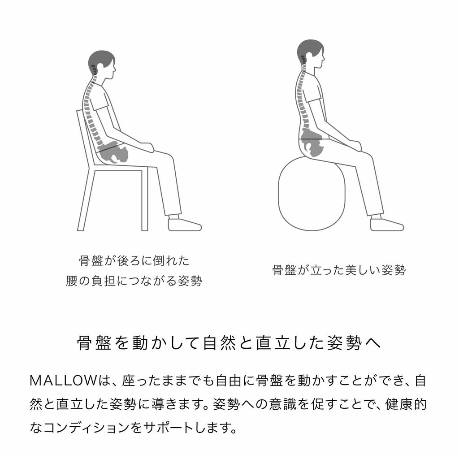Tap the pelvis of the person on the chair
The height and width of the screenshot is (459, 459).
(113, 154)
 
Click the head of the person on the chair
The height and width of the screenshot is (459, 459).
(102, 65)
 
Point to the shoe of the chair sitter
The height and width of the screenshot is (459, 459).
(184, 224)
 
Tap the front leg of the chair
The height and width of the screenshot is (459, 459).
(144, 199)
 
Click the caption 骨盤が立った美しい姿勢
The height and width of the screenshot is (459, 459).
(339, 270)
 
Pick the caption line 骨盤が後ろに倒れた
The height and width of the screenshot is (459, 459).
(134, 260)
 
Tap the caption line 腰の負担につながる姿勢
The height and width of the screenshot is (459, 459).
(134, 281)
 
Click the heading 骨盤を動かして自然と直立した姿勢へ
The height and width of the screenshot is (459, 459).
(229, 343)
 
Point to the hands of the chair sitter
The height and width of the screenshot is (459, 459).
(147, 147)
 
